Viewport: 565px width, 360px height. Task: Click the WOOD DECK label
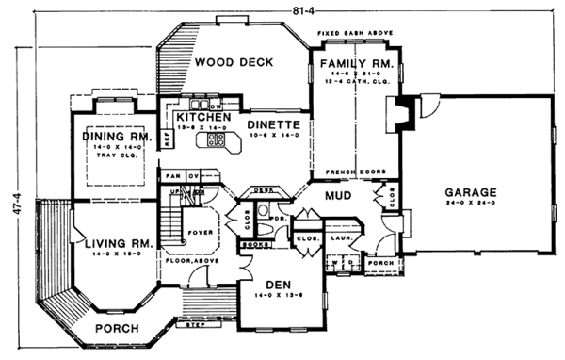point(234,62)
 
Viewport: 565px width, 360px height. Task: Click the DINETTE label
point(273,124)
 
